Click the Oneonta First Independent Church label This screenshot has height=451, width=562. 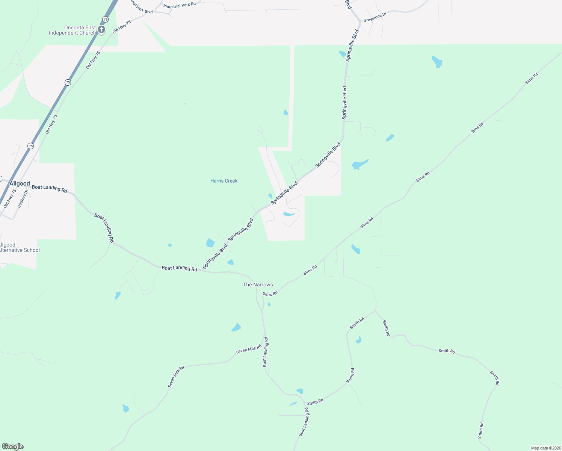(72, 30)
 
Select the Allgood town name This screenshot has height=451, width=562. (20, 184)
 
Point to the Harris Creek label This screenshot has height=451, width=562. (224, 181)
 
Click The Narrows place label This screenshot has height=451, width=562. (258, 285)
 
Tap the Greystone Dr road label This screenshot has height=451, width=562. (375, 17)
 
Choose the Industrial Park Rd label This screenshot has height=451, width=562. (180, 5)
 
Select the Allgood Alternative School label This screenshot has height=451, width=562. (19, 248)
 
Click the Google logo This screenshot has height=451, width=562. (13, 446)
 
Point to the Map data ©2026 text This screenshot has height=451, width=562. (545, 448)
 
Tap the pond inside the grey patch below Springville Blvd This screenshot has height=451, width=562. (289, 214)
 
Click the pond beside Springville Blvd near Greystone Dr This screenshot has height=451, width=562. (342, 54)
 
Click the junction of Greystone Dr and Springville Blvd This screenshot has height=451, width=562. (360, 22)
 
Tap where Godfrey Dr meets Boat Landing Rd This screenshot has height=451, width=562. (27, 187)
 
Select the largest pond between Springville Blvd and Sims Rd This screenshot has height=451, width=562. (360, 165)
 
